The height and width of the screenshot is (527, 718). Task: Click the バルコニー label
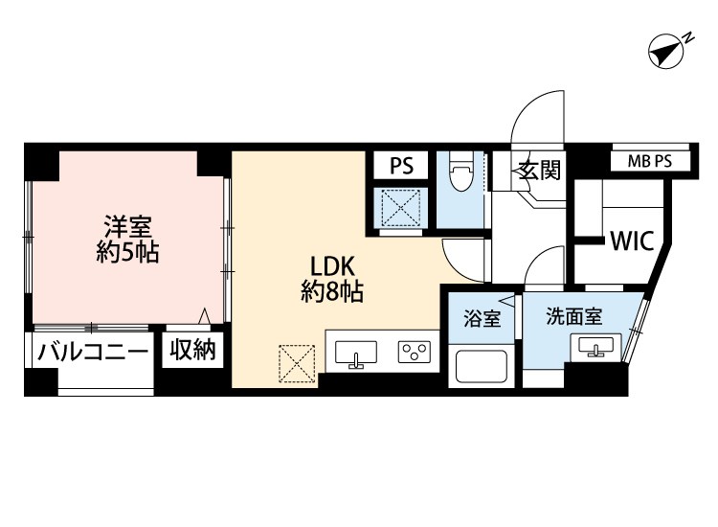point(93,351)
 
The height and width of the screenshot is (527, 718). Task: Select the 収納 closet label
point(192,350)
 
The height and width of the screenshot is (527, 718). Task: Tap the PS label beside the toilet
point(401,166)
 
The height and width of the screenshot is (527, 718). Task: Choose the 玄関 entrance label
point(538,172)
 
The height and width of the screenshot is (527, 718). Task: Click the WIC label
point(631,241)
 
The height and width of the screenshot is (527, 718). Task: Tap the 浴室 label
point(482,318)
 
